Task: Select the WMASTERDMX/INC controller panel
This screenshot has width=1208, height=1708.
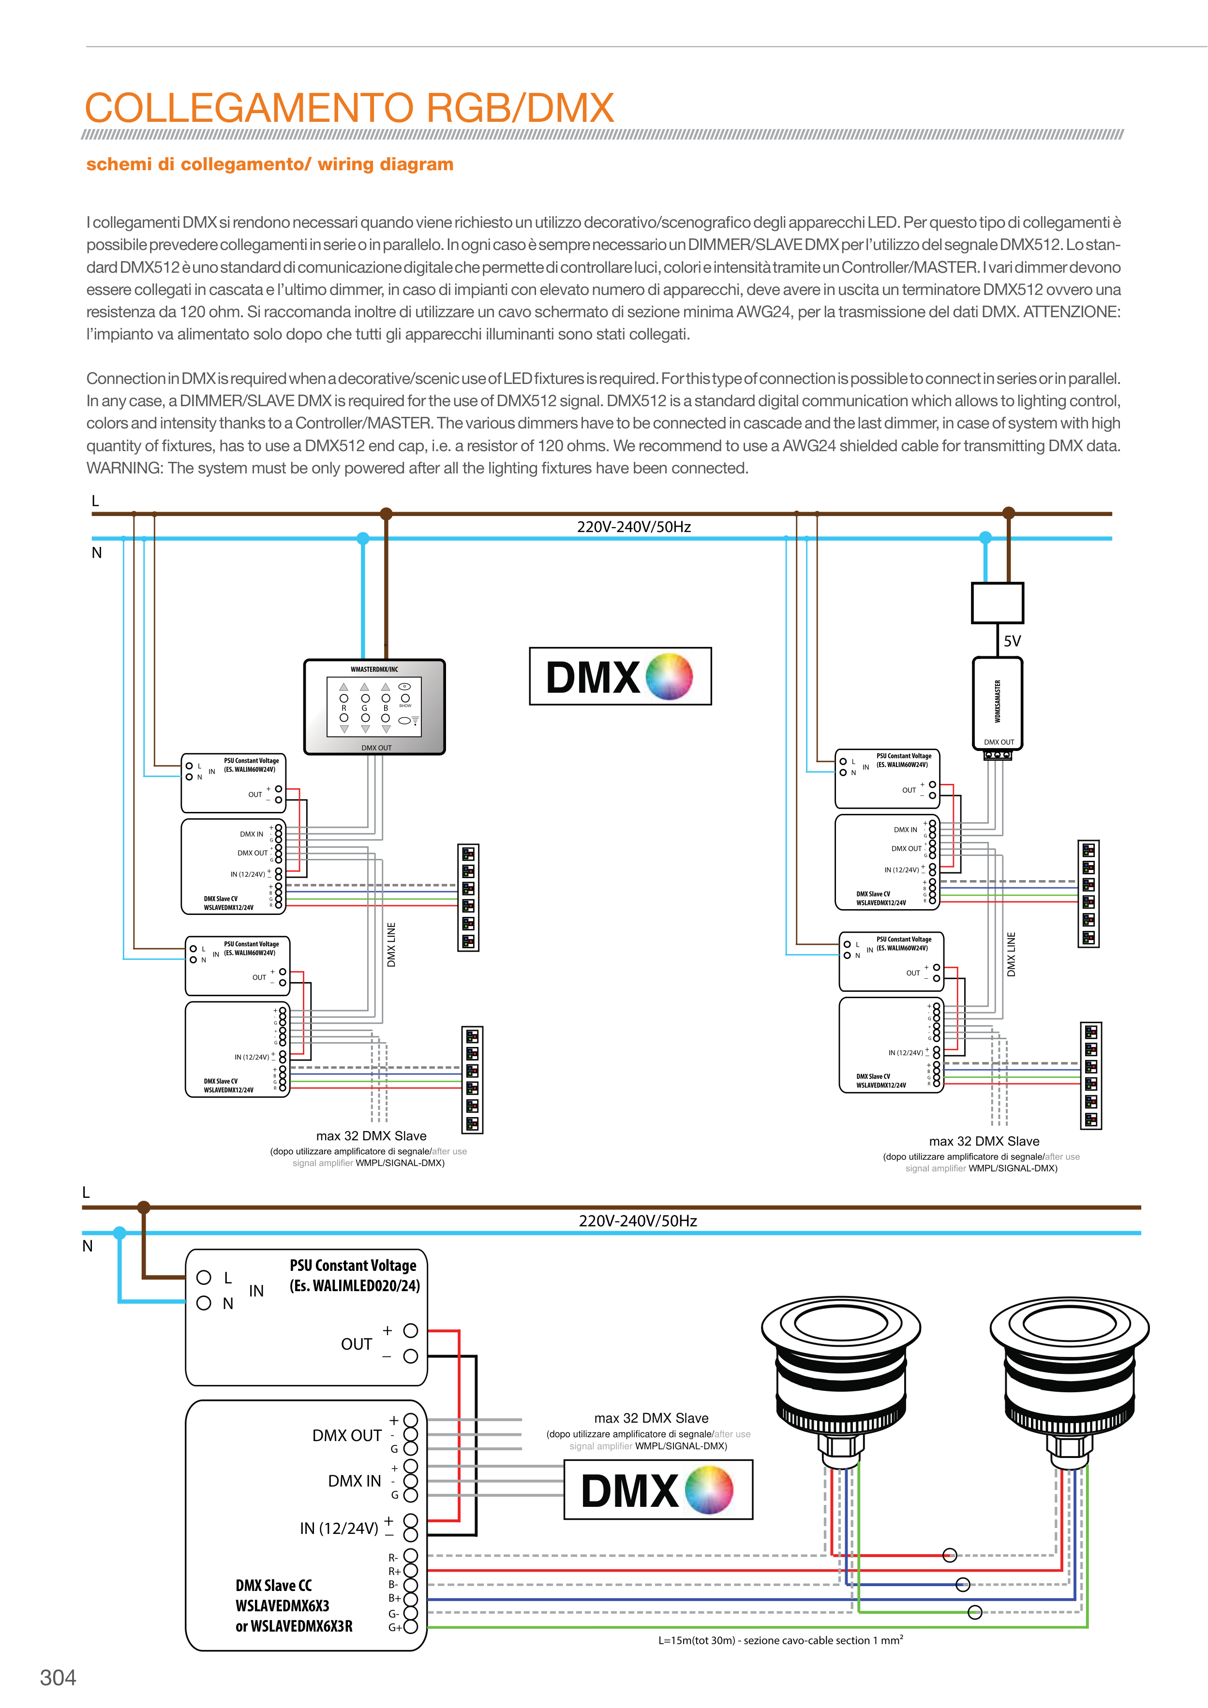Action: click(374, 707)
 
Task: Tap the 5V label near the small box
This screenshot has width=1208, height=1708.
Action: click(1012, 640)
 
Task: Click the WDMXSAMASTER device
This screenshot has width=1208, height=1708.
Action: click(998, 702)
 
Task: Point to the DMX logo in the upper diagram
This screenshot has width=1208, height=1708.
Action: click(620, 676)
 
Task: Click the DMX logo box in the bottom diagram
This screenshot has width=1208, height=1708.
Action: click(658, 1489)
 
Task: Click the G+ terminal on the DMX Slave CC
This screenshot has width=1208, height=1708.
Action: click(410, 1627)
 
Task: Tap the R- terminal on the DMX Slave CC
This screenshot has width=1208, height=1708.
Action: click(410, 1556)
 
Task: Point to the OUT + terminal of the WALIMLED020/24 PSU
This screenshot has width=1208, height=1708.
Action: click(410, 1331)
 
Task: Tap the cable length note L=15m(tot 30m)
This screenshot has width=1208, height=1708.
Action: click(780, 1640)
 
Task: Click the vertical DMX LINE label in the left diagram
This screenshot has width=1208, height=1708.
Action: click(391, 945)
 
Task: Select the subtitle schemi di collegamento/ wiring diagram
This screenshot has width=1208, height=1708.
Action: click(269, 164)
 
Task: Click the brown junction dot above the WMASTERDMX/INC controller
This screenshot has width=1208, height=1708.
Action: click(386, 513)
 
